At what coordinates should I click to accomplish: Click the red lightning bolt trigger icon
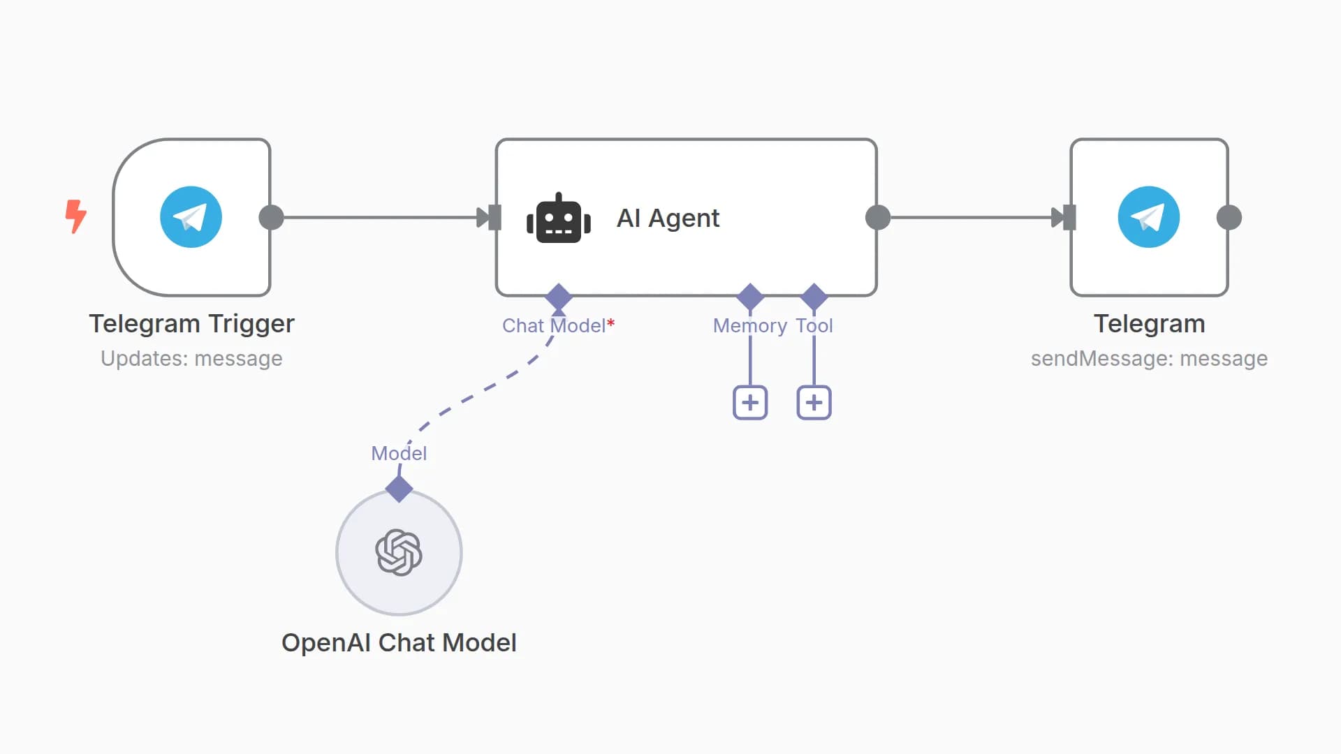75,216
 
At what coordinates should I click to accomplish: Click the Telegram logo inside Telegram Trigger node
191,217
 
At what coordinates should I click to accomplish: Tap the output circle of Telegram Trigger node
271,217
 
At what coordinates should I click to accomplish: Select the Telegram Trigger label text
191,323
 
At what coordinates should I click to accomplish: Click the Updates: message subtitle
191,358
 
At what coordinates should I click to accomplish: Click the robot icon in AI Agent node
558,219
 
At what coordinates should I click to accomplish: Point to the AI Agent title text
668,218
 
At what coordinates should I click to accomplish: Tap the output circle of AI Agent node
877,217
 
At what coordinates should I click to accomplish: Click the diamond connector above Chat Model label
558,297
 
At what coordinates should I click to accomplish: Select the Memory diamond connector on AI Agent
750,297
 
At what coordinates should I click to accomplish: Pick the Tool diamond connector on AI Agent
814,297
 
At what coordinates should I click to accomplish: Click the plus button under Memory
750,402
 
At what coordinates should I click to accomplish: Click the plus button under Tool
814,402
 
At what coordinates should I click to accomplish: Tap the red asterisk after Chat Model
611,323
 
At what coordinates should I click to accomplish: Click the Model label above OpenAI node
399,453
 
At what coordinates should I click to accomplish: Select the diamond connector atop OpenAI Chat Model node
399,489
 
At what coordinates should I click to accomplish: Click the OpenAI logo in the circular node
399,552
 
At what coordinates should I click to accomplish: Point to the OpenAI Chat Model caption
399,642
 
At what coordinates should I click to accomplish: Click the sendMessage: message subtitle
1149,358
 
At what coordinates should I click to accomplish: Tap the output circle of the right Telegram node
1229,217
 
